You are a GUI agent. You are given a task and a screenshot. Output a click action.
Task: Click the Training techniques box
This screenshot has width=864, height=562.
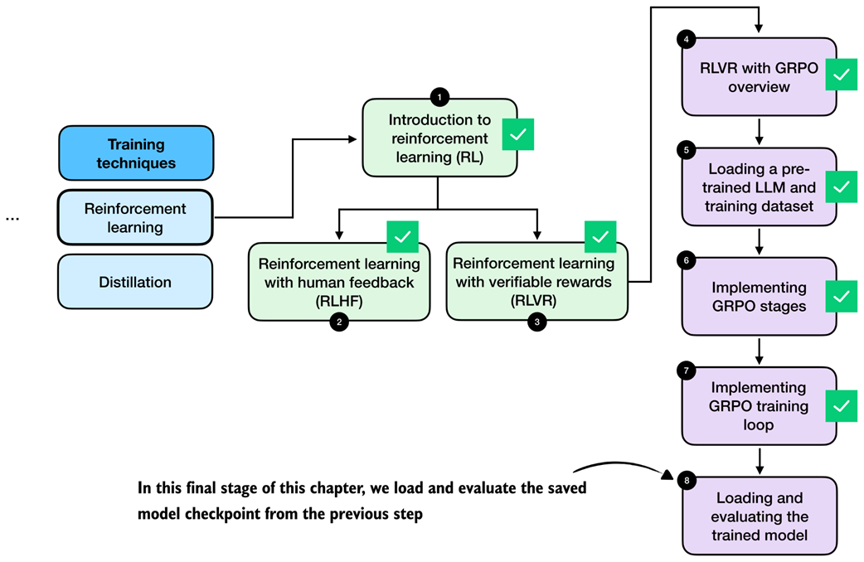coord(136,153)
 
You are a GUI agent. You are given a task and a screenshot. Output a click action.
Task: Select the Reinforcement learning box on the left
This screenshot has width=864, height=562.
coord(135,218)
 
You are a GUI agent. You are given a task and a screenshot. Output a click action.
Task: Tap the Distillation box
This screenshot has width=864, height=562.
coord(135,282)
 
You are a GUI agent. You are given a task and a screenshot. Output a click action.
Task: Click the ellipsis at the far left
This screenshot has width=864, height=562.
coord(12,218)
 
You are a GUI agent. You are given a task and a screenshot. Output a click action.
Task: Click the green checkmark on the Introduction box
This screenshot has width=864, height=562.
coord(518,134)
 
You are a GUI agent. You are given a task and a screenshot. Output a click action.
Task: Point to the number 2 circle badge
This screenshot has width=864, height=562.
coord(338,323)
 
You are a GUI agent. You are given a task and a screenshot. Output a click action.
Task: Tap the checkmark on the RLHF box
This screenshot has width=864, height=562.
coord(402,237)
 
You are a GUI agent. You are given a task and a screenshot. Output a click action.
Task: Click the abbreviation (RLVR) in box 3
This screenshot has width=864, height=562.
coord(537,300)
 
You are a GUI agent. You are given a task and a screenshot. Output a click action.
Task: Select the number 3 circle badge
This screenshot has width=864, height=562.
coord(536,323)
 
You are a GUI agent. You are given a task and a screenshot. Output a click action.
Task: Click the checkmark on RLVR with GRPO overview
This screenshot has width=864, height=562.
coord(842,75)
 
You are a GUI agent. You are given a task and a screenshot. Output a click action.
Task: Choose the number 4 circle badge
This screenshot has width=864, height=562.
coord(686,39)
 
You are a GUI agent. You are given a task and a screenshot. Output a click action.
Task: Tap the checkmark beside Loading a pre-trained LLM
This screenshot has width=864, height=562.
coord(842,187)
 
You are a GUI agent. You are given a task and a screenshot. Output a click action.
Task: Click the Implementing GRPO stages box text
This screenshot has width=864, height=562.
coord(759,296)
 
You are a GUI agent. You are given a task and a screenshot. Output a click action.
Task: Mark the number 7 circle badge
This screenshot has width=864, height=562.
coord(686,370)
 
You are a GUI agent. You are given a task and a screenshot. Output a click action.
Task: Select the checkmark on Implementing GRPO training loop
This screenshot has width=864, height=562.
coord(842,406)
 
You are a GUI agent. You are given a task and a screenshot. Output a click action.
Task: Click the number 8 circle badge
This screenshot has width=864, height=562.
coord(686,480)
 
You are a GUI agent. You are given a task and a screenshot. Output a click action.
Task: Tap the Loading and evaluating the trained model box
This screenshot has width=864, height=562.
coord(759,516)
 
